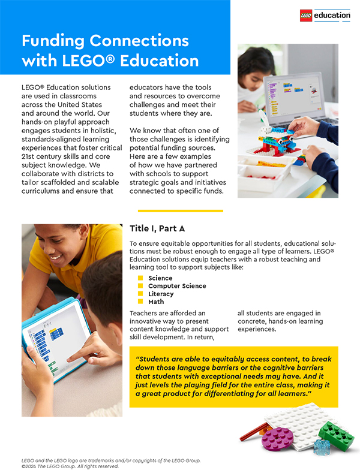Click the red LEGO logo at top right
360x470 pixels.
[x=306, y=16]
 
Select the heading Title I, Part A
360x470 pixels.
[x=157, y=228]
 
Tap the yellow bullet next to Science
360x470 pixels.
[x=140, y=278]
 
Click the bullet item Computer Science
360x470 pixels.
[x=177, y=286]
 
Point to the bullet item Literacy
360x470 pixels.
[x=161, y=294]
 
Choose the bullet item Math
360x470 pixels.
[x=156, y=302]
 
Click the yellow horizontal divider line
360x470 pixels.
[x=180, y=211]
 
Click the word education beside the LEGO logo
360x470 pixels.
[x=332, y=16]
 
